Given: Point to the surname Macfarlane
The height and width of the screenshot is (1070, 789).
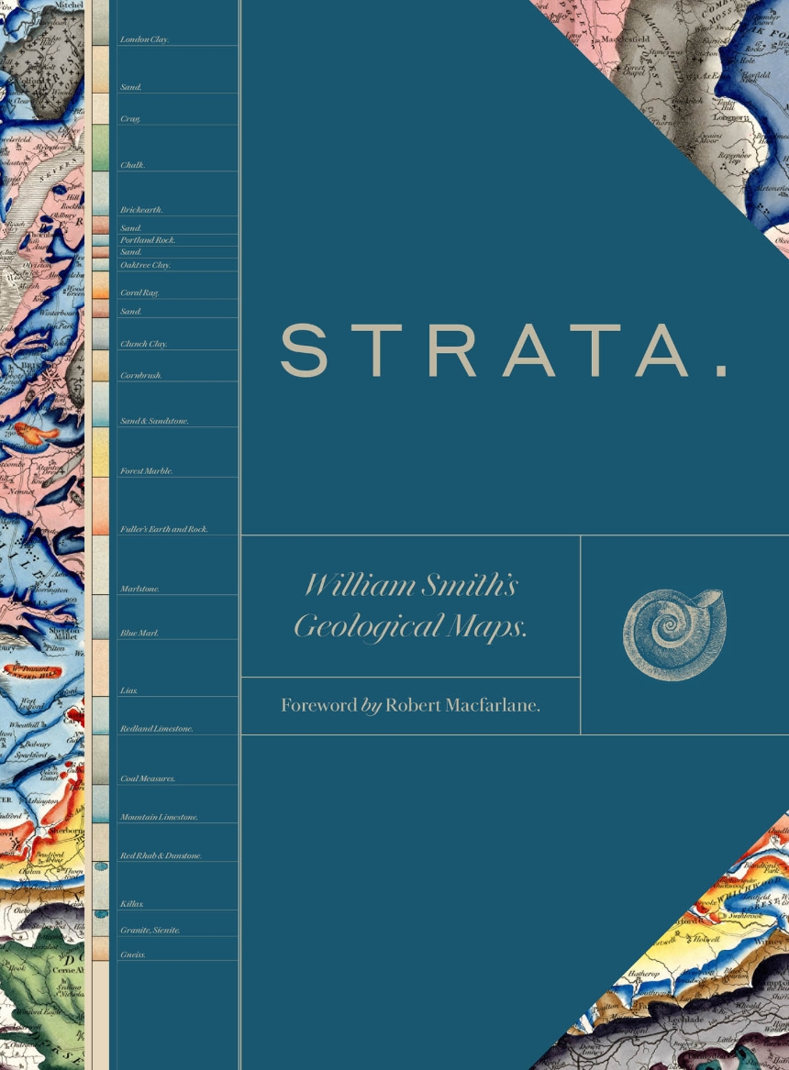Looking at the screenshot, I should (495, 705).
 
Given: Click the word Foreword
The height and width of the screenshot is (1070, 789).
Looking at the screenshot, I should (318, 705).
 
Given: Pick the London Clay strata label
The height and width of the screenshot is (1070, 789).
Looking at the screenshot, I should (145, 40).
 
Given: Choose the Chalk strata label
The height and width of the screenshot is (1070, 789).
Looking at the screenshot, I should (133, 165).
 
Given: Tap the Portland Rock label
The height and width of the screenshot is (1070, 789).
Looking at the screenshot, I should (148, 240).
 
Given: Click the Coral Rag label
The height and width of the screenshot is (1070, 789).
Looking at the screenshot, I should (140, 292).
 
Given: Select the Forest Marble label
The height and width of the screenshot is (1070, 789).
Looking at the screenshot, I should (147, 471).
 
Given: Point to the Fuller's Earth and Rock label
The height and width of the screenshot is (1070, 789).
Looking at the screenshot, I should (164, 529).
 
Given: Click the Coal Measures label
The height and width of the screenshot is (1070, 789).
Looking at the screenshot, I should (148, 778).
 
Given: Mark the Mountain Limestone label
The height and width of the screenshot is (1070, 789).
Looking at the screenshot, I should (159, 817).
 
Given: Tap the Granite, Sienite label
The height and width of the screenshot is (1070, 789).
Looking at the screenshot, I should (150, 930).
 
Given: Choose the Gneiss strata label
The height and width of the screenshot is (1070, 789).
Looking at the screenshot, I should (133, 954).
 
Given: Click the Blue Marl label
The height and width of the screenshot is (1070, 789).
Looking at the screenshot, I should (139, 634).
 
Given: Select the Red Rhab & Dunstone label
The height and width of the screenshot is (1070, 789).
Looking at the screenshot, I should (161, 855).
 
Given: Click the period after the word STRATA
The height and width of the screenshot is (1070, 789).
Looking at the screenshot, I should (721, 370).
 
